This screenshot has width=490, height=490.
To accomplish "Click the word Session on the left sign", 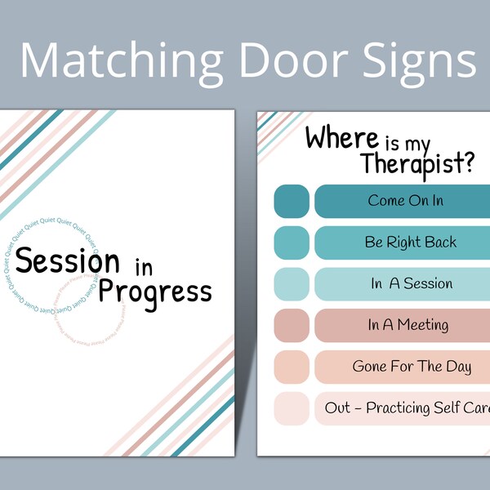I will tap(68, 261).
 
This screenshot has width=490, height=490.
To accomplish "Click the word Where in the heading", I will tap(342, 139).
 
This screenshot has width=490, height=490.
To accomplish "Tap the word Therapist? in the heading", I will tap(417, 164).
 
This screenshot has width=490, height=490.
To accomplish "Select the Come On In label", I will tap(406, 201).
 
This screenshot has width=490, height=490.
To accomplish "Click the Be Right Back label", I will tap(411, 243).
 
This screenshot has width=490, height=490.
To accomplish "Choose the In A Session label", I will tap(411, 284).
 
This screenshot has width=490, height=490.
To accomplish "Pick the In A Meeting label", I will tap(408, 325).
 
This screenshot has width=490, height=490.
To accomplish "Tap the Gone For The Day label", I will tap(412, 367).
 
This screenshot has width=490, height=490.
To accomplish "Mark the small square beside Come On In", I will tap(291, 201).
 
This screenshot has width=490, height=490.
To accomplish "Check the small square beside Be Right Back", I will tap(291, 243).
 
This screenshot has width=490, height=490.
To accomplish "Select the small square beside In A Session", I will tap(291, 284).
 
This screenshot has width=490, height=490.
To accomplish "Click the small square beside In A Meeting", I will tap(291, 325).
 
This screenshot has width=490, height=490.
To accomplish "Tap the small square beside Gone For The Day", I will tap(291, 367).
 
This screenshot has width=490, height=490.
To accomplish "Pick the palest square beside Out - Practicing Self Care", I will tap(291, 408).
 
